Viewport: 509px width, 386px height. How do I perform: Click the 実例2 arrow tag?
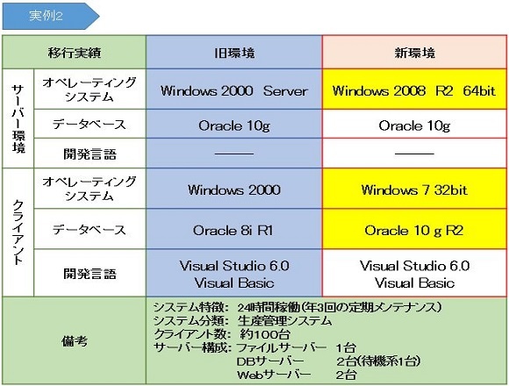[x=50, y=16]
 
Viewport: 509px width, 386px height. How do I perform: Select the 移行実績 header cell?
[x=75, y=53]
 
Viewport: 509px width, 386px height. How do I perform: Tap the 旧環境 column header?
[x=234, y=53]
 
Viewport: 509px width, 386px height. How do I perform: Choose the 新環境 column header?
[x=414, y=53]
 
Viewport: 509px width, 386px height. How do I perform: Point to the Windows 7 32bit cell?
[x=414, y=189]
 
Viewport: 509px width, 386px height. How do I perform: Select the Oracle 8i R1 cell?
[x=234, y=229]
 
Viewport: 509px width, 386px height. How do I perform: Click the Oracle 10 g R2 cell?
[x=414, y=229]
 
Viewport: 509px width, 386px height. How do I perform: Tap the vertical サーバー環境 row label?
[x=18, y=118]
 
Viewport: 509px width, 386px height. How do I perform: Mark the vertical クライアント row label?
[x=18, y=232]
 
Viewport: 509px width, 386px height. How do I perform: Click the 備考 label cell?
[x=75, y=340]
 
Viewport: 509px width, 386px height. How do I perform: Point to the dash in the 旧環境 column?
[x=234, y=154]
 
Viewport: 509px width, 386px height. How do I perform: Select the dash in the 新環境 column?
[x=414, y=154]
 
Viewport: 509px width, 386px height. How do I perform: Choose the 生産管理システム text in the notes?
[x=284, y=321]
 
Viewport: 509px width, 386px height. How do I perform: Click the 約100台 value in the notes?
[x=265, y=334]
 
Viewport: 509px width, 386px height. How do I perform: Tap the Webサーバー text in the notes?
[x=274, y=375]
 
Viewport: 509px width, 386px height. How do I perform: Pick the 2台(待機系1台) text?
[x=378, y=361]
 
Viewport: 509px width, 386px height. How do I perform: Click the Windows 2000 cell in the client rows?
[x=234, y=189]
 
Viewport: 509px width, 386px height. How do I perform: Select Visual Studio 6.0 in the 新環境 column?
[x=414, y=266]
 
